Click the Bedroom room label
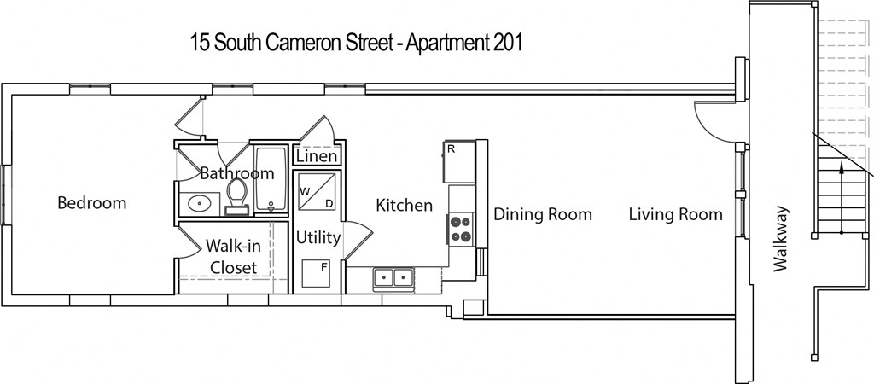click(x=91, y=203)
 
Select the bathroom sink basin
click(x=200, y=204)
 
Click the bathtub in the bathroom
click(x=271, y=179)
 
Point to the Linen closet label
click(x=318, y=158)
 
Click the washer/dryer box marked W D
click(x=317, y=192)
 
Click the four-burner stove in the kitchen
click(x=461, y=228)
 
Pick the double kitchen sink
click(x=393, y=277)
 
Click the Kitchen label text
click(x=405, y=206)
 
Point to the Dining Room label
click(x=542, y=214)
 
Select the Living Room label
click(x=675, y=214)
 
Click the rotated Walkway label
click(x=779, y=240)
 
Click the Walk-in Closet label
click(x=234, y=257)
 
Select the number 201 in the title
click(x=507, y=44)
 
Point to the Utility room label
click(x=318, y=237)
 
